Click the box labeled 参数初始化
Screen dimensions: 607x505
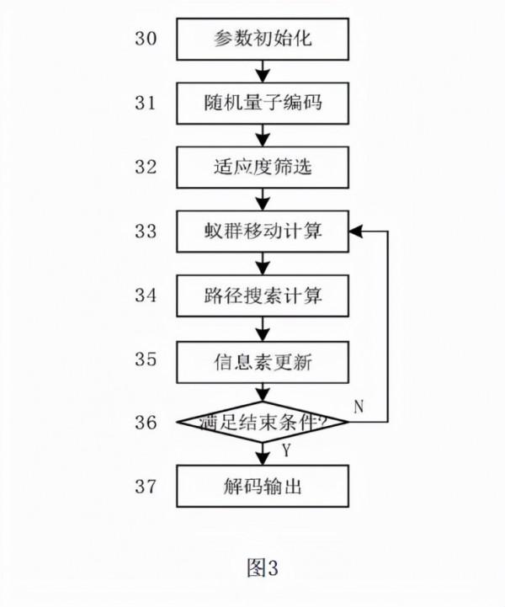262,40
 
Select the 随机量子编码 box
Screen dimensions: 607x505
262,104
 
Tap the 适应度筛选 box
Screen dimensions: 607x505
262,167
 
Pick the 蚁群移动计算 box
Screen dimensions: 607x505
262,231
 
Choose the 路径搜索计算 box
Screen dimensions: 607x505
262,296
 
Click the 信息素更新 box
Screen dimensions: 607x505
262,359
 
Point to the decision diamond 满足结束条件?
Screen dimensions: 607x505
262,421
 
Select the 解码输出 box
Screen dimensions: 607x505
262,486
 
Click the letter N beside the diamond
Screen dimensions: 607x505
359,407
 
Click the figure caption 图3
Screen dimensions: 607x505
262,568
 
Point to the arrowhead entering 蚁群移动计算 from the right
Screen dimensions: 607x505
355,231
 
